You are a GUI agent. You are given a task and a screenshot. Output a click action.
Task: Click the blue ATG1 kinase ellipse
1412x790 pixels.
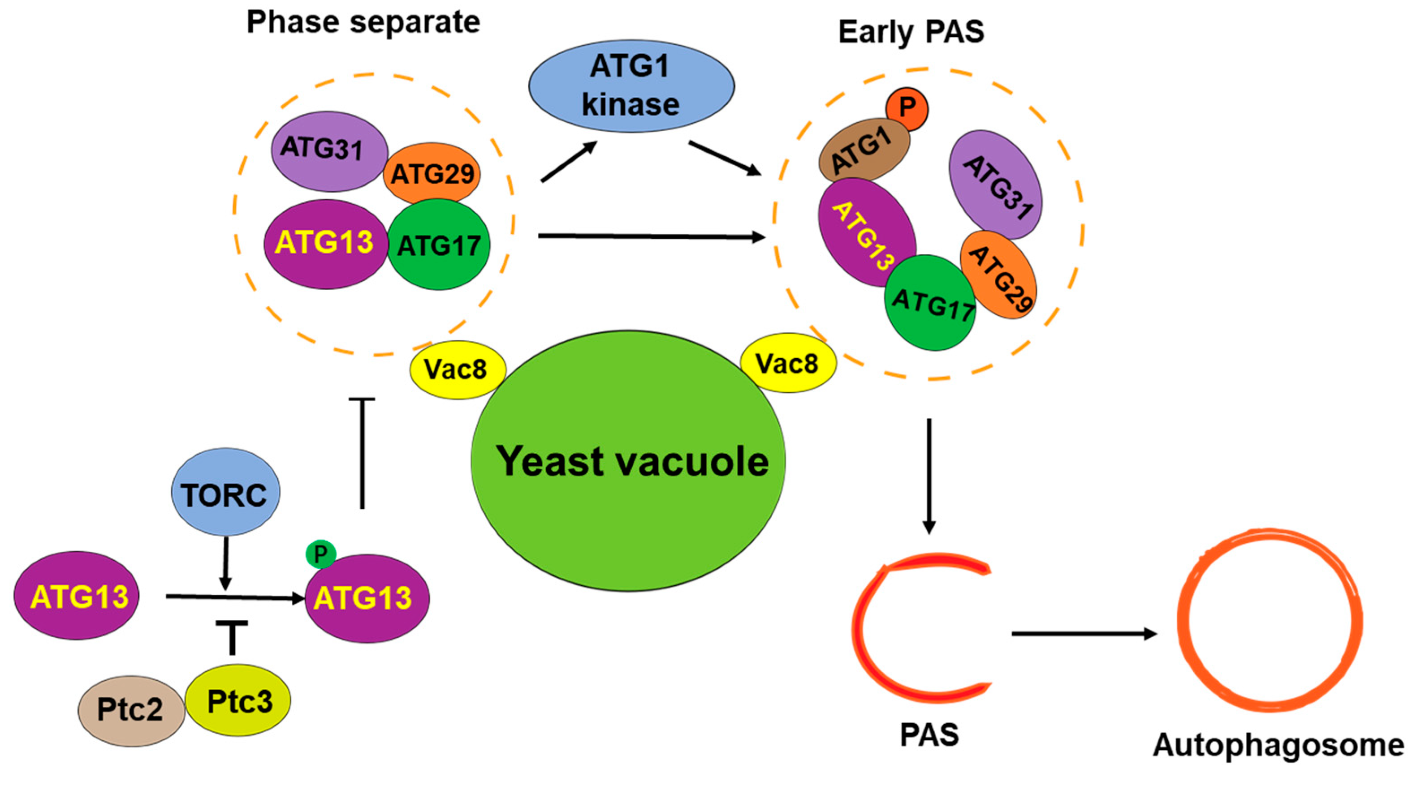tap(631, 86)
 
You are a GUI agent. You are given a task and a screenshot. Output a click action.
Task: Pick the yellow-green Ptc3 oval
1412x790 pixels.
tap(238, 700)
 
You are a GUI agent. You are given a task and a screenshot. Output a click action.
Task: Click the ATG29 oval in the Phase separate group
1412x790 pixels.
tap(432, 174)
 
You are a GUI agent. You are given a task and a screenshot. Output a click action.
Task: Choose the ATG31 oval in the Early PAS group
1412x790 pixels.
tap(995, 185)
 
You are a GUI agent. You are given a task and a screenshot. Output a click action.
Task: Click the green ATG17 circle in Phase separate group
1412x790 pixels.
tap(439, 245)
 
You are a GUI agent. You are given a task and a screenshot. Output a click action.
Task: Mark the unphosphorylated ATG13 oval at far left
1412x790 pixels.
tap(77, 596)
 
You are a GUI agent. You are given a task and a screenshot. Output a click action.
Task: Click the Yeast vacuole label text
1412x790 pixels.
tap(632, 461)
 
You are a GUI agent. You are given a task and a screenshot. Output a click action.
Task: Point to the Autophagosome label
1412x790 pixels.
tap(1278, 745)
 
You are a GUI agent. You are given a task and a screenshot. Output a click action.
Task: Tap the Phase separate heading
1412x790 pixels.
tap(363, 22)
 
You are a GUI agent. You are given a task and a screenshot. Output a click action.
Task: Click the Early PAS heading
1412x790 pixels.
tap(911, 32)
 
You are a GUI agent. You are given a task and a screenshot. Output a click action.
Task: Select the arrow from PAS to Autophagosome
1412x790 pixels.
tap(1083, 634)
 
